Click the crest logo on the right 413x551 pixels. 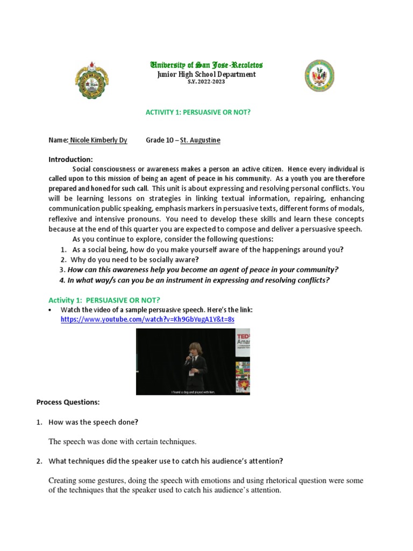click(x=319, y=75)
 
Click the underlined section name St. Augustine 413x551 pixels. click(x=200, y=140)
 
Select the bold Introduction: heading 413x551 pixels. click(x=70, y=159)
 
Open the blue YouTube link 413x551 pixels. click(x=147, y=319)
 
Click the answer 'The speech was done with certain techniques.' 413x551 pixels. click(x=123, y=442)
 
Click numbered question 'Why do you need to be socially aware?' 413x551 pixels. click(x=133, y=259)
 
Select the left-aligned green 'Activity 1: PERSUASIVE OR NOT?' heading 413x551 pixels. click(x=104, y=299)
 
